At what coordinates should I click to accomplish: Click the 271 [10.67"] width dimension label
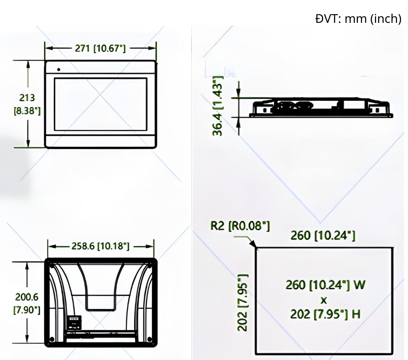(100, 48)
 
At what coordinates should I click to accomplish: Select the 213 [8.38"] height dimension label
(28, 104)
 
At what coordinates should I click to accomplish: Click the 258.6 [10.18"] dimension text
(100, 246)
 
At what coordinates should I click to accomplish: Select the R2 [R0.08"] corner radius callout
(240, 226)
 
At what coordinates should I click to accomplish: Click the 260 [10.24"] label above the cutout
(323, 235)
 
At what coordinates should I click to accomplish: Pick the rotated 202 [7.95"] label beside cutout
(243, 302)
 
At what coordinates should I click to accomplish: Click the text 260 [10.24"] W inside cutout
(325, 284)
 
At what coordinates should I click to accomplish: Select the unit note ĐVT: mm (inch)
(358, 19)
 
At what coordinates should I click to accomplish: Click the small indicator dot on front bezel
(58, 69)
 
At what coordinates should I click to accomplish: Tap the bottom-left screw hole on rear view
(52, 339)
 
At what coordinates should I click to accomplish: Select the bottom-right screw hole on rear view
(149, 339)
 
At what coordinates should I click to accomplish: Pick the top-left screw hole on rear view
(52, 264)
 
